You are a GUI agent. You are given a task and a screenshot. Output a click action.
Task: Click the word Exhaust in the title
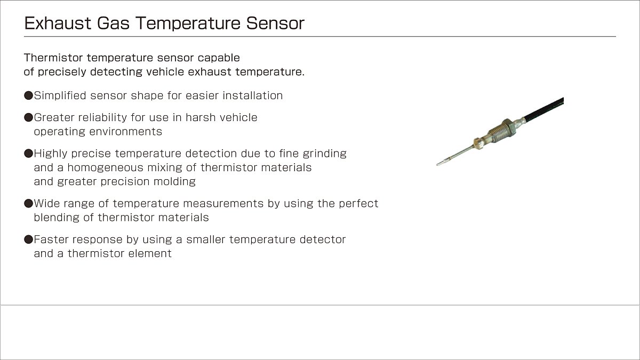point(58,23)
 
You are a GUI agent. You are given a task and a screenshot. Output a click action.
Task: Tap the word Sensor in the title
point(275,23)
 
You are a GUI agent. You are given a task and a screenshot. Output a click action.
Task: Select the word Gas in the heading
point(113,23)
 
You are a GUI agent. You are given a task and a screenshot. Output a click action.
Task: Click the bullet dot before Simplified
point(29,95)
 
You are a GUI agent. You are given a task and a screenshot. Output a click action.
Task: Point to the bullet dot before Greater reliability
point(29,117)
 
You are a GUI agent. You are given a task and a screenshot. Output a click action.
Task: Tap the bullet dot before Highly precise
point(29,154)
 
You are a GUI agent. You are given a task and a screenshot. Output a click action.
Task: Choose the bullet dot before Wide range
point(29,203)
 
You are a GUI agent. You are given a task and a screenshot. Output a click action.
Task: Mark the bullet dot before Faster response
point(29,239)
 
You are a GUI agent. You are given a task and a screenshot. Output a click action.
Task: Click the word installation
point(253,95)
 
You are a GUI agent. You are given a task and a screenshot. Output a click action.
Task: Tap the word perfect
point(358,203)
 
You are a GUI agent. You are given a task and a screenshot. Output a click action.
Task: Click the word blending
point(57,218)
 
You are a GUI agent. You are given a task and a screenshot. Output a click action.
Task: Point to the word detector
point(323,239)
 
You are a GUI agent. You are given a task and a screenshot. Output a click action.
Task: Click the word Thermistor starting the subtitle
point(53,58)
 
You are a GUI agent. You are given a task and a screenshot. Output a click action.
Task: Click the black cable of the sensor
point(543,110)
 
